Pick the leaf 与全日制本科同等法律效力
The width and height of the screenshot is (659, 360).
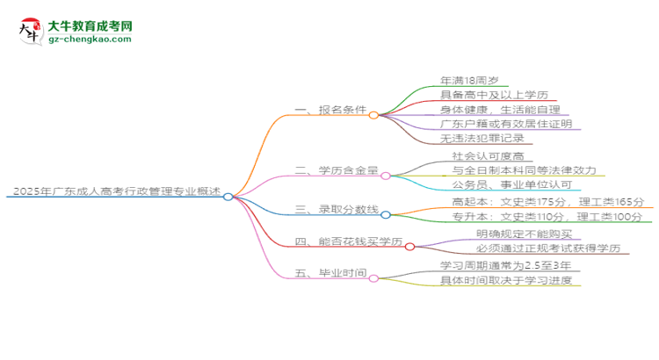[x=525, y=170]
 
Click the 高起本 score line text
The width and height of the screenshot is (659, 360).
[x=536, y=201]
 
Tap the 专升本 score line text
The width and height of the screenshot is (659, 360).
[x=536, y=216]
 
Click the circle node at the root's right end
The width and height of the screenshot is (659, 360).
[x=228, y=197]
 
